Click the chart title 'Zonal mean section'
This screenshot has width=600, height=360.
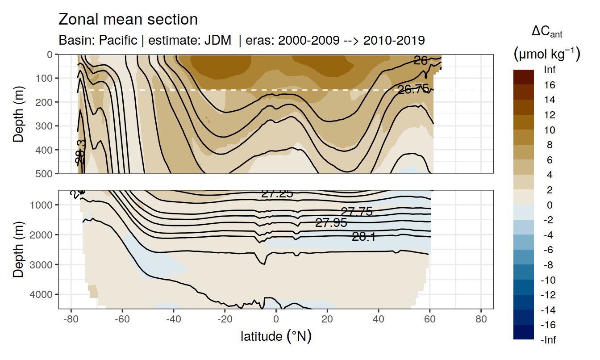pyautogui.click(x=128, y=20)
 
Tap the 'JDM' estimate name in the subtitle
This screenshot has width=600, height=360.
pyautogui.click(x=218, y=40)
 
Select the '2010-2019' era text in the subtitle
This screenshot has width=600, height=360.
pyautogui.click(x=394, y=40)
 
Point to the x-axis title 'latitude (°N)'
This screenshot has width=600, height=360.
pyautogui.click(x=276, y=336)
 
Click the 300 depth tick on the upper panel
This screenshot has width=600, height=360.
pyautogui.click(x=46, y=126)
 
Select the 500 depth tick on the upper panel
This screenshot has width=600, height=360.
pyautogui.click(x=46, y=173)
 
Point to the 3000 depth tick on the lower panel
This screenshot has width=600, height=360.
pyautogui.click(x=44, y=264)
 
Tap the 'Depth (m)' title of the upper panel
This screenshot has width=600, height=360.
pyautogui.click(x=18, y=114)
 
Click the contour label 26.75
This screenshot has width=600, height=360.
pyautogui.click(x=413, y=89)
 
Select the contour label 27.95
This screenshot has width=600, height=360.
pyautogui.click(x=331, y=223)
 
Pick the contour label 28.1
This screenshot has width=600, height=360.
pyautogui.click(x=363, y=237)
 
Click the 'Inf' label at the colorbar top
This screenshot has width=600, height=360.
pyautogui.click(x=550, y=70)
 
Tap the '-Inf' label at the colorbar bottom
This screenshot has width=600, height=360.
pyautogui.click(x=548, y=340)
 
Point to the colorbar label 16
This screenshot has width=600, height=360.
pyautogui.click(x=550, y=85)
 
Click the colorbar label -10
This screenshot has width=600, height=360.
pyautogui.click(x=548, y=280)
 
